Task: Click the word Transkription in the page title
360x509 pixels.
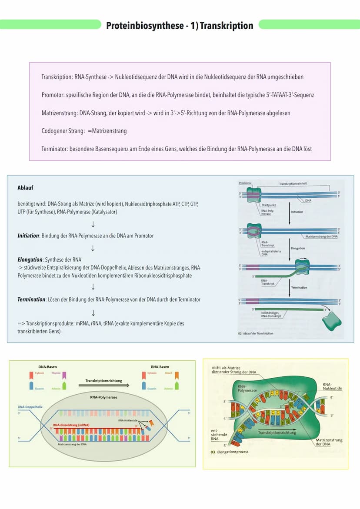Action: tap(226, 26)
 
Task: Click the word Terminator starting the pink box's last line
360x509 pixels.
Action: tap(54, 149)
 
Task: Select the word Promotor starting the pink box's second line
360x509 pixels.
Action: tap(52, 95)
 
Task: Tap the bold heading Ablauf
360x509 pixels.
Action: tap(25, 188)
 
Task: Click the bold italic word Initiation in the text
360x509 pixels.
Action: tap(28, 236)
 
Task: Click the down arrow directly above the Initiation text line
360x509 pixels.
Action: tap(93, 224)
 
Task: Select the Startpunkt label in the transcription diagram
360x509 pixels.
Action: tap(268, 205)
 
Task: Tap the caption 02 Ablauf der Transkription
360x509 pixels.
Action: tap(256, 333)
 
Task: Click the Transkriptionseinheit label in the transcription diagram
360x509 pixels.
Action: tap(293, 184)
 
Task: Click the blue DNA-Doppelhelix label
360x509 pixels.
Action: tap(27, 407)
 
